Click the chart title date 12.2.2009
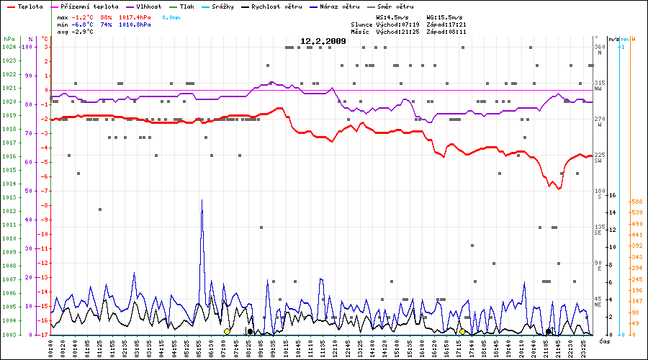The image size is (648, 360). [x=323, y=41]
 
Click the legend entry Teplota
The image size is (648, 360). [x=28, y=6]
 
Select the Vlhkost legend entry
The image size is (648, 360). [x=148, y=6]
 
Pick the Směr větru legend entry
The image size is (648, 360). [x=396, y=6]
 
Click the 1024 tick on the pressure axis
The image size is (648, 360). [x=9, y=47]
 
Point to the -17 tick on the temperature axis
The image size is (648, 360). [x=44, y=335]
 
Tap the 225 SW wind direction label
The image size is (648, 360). [x=598, y=158]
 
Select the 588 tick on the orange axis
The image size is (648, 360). [x=636, y=202]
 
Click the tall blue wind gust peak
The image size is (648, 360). [x=202, y=201]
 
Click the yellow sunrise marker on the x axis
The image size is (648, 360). [x=227, y=331]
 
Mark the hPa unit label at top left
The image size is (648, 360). [x=9, y=38]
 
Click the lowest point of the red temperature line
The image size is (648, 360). [x=558, y=189]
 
